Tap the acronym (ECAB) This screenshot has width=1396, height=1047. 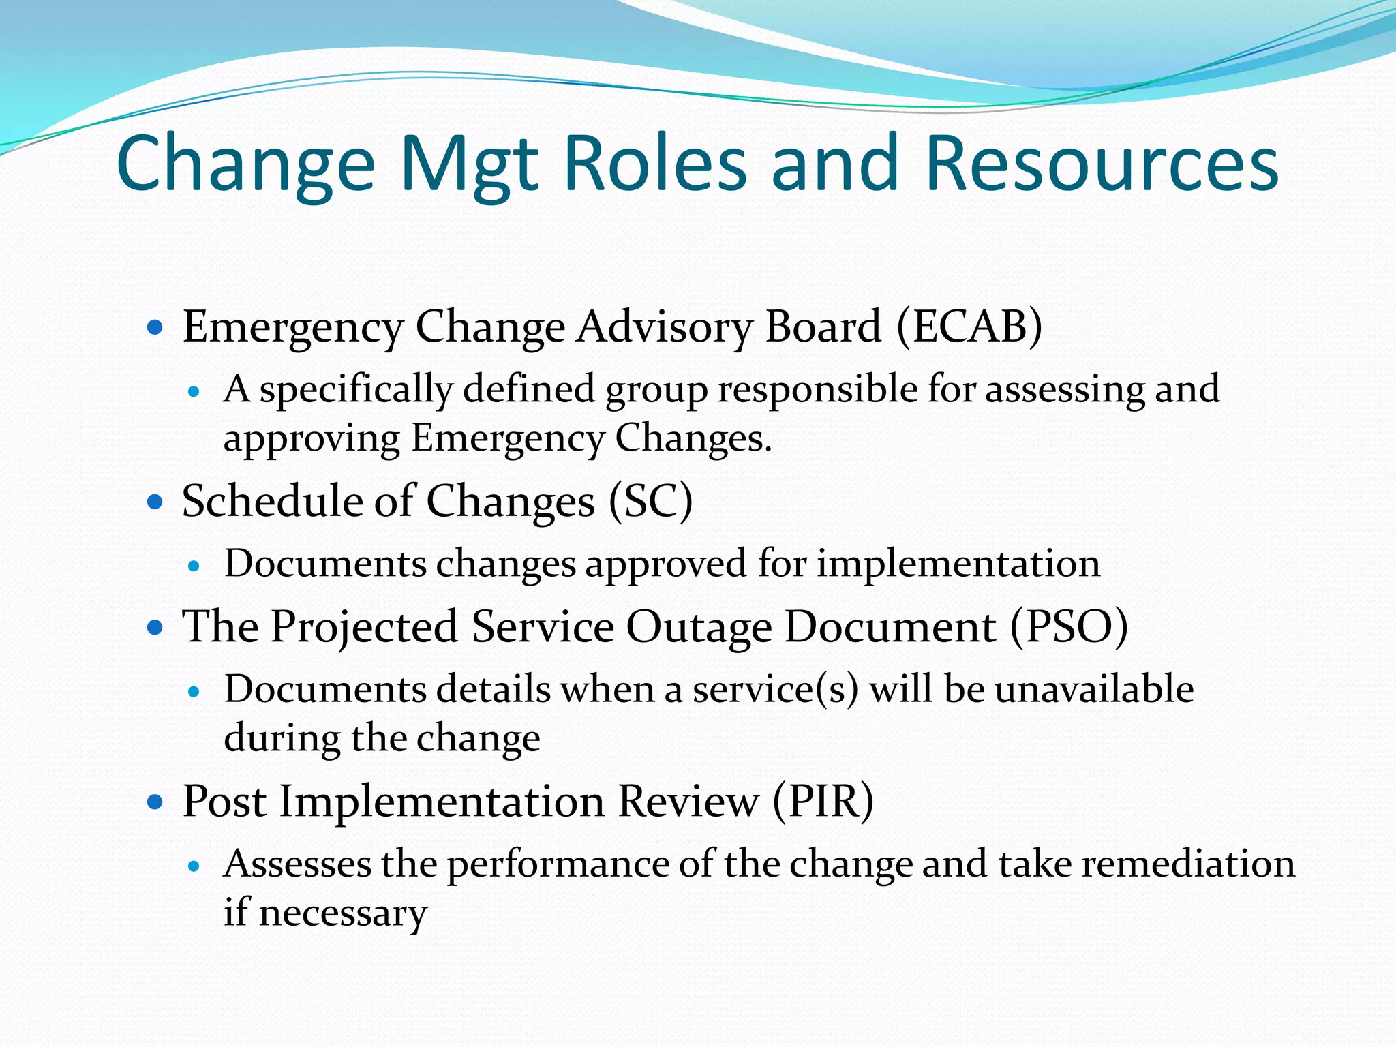969,327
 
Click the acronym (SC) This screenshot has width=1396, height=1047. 650,502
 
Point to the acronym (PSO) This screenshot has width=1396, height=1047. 1068,627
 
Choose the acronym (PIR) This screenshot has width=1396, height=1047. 823,802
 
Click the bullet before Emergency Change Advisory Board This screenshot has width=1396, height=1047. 155,328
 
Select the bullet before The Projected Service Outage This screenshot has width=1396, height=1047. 155,628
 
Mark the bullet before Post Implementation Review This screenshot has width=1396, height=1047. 155,802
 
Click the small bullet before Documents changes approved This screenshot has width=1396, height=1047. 195,566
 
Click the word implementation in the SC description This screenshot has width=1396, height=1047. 958,564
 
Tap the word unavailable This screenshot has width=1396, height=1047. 1094,689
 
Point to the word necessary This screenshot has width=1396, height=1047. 343,913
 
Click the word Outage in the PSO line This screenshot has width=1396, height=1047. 699,627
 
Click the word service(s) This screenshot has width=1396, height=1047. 775,689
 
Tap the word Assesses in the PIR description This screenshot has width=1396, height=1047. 297,864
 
